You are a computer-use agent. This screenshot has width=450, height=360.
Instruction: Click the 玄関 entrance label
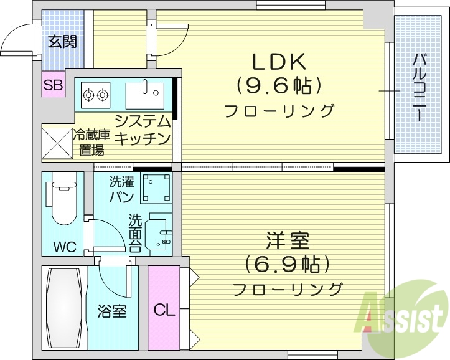click(x=63, y=42)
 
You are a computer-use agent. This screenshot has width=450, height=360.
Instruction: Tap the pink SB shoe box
click(x=54, y=86)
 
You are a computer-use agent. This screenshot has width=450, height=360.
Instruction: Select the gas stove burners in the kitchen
click(x=95, y=95)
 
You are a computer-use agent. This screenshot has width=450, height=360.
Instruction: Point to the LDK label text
click(x=278, y=62)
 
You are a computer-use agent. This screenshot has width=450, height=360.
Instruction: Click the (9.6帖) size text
click(x=278, y=85)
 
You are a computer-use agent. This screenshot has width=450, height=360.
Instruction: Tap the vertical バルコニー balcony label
click(x=419, y=87)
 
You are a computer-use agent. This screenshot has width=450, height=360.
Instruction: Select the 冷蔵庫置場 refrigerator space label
click(x=92, y=143)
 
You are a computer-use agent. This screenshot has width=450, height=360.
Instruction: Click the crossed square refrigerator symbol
click(x=57, y=142)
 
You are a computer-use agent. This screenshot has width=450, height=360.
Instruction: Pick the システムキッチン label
click(x=143, y=130)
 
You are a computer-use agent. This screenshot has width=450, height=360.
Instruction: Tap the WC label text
click(x=64, y=247)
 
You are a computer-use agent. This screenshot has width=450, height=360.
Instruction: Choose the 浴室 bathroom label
click(x=112, y=311)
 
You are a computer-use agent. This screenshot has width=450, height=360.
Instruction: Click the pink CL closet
click(x=163, y=309)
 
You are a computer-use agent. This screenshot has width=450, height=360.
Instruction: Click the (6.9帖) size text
click(x=288, y=265)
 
